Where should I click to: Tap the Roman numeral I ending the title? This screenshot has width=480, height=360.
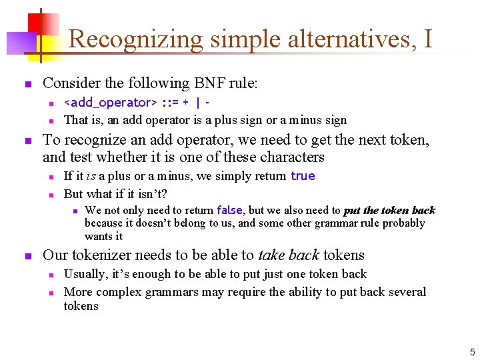[427, 39]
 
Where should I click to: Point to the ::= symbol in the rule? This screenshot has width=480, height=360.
[169, 103]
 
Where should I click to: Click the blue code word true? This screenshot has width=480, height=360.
[303, 176]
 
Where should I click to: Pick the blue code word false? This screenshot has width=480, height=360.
[232, 211]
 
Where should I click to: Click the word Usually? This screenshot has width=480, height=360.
[84, 274]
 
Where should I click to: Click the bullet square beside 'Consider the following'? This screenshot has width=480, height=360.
[27, 85]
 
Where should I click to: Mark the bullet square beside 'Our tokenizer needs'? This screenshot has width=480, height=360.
[27, 256]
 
